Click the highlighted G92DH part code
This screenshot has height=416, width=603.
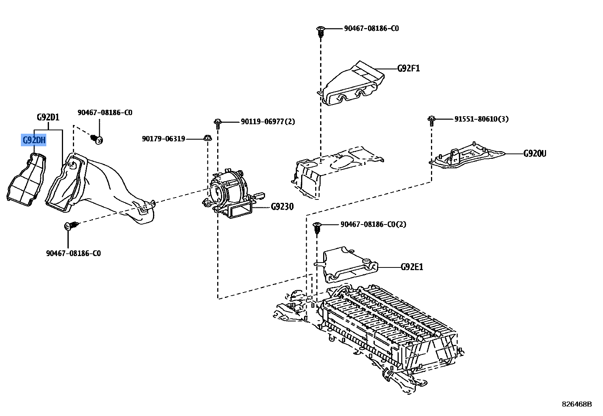point(34,140)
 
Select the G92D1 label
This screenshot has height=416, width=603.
point(48,117)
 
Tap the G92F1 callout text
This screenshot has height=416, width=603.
point(409,68)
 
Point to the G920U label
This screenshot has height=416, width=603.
point(535,153)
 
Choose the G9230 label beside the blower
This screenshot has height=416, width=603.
point(282,207)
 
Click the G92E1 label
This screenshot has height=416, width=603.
point(412,267)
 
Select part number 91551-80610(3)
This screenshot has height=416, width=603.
point(481,119)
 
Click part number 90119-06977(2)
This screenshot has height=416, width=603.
point(268,122)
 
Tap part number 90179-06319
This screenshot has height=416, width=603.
point(164,139)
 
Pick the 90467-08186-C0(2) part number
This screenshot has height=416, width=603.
point(373,224)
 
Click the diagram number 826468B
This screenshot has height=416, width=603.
point(577,404)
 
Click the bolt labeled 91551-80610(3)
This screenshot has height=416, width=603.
point(431,121)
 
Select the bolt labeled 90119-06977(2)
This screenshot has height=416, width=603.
point(218,124)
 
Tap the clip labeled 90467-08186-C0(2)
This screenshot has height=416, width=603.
point(317,228)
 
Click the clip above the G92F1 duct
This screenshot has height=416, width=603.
point(320,32)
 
